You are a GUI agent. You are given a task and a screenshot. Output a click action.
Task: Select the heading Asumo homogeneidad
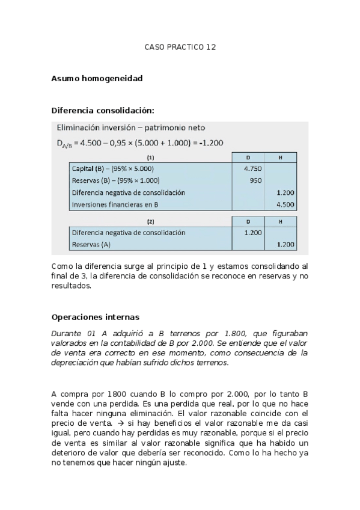tap(97, 78)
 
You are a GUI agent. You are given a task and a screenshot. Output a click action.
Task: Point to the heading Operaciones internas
tap(95, 317)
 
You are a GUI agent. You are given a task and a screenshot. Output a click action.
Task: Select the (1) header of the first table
tap(150, 158)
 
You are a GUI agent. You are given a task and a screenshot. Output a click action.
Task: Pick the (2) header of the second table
tap(150, 221)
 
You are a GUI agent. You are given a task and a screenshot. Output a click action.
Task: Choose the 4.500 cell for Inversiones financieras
tap(285, 204)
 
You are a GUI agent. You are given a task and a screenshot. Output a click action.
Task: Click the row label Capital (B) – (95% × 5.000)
tap(112, 169)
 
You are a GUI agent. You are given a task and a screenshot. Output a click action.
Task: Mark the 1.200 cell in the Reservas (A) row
tap(285, 244)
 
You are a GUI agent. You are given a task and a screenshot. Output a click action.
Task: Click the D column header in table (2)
tap(248, 221)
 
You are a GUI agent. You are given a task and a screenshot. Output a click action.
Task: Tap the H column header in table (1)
tap(281, 158)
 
